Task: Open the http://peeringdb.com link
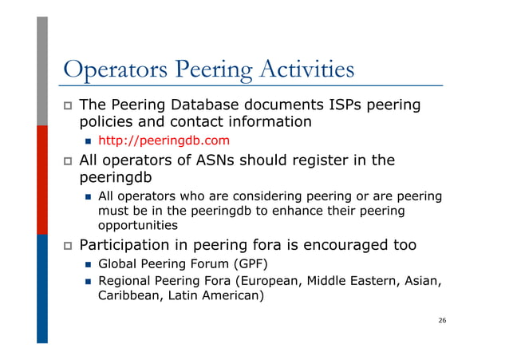[158, 140]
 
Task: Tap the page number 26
[442, 320]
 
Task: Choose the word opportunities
[138, 226]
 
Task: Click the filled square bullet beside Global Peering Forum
[88, 264]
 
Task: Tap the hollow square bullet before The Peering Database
[67, 105]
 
